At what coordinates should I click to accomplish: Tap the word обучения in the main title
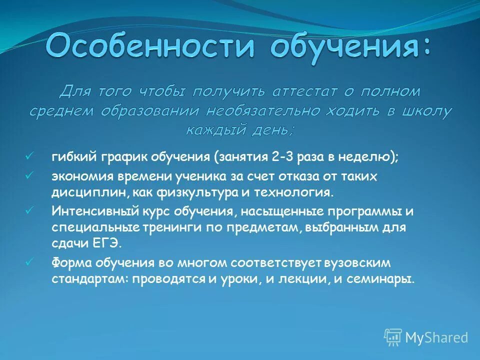click(350, 46)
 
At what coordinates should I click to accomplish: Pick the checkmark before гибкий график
click(29, 155)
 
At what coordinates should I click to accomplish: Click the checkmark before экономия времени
click(29, 175)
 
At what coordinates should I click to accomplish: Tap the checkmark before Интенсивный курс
click(29, 210)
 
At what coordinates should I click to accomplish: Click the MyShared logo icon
click(393, 337)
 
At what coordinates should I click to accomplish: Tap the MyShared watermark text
click(436, 337)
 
